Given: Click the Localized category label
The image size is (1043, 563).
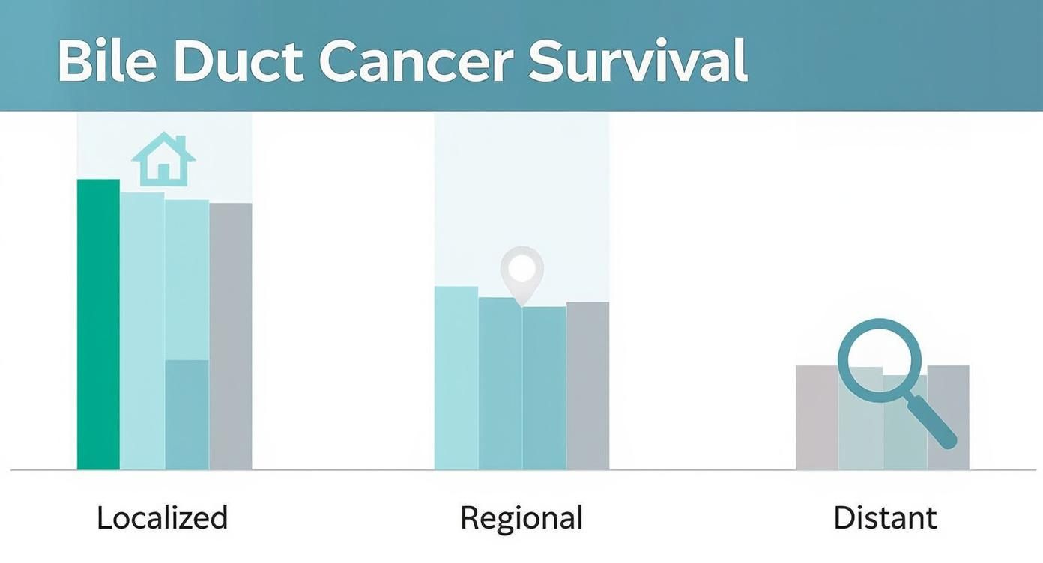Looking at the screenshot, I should point(162,518).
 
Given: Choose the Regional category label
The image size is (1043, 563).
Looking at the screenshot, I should point(521,518).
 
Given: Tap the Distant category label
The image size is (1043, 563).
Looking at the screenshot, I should point(885,518).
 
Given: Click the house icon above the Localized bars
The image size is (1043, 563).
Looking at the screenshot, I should point(163,159).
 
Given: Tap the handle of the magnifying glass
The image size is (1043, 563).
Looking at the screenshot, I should point(934,424).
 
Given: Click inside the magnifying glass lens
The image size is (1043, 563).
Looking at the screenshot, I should point(879,358).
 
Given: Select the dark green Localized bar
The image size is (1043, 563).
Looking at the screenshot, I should point(98,324).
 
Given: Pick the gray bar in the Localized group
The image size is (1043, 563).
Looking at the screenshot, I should point(231,336).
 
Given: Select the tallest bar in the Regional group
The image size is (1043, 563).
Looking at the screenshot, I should point(456,378).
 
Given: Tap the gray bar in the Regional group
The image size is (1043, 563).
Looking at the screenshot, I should point(588,386).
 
